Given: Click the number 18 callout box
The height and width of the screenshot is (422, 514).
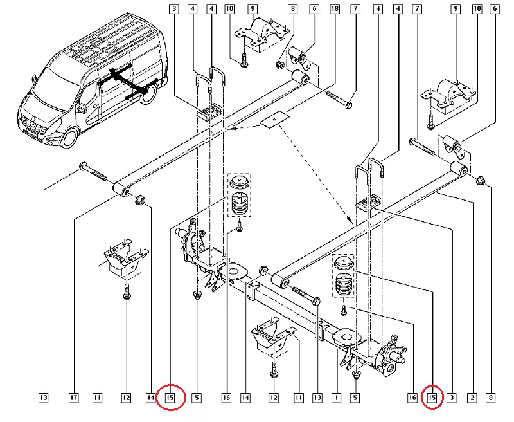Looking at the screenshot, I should pos(334,9).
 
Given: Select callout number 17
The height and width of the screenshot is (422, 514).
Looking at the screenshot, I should pos(74,398).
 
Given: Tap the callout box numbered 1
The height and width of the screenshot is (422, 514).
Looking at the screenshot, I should pos(335,398).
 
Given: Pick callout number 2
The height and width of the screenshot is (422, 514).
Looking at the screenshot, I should pos(472,398).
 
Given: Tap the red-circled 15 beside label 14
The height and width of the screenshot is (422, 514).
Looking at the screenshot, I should pos(170,398).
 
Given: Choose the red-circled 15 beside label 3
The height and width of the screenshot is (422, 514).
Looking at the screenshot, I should pos(432,398).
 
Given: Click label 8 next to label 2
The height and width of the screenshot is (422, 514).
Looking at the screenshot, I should pos(490,398).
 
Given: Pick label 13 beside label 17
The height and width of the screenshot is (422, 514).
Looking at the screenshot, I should pos(43,398).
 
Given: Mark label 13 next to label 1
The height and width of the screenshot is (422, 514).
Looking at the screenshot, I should pos(317,398).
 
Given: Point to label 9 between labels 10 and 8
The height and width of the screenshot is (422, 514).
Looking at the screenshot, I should pos(253,9).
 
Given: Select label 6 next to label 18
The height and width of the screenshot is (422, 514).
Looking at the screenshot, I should pos(314,9).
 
